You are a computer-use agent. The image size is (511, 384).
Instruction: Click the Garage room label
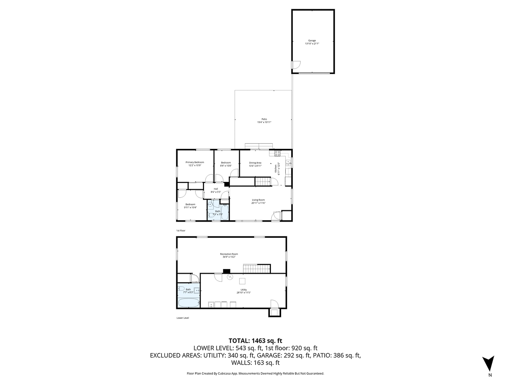(x=312, y=42)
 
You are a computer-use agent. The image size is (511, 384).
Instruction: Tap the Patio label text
(x=264, y=121)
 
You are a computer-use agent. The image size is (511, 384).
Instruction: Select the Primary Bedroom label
(x=195, y=163)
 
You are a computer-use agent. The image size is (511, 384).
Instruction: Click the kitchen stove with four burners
(x=277, y=153)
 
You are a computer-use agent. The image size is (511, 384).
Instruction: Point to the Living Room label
(x=258, y=201)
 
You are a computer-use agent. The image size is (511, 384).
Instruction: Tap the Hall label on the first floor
(x=216, y=190)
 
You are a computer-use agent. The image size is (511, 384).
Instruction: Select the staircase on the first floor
(x=264, y=182)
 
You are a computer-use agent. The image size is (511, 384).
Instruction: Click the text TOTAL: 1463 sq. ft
(x=255, y=340)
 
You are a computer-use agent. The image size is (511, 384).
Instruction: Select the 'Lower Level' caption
(x=183, y=318)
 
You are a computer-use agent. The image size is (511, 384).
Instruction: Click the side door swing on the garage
(x=296, y=66)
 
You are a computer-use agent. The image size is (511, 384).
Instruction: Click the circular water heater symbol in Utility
(x=229, y=277)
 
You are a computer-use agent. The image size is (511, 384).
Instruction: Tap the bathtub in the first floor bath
(x=225, y=213)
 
